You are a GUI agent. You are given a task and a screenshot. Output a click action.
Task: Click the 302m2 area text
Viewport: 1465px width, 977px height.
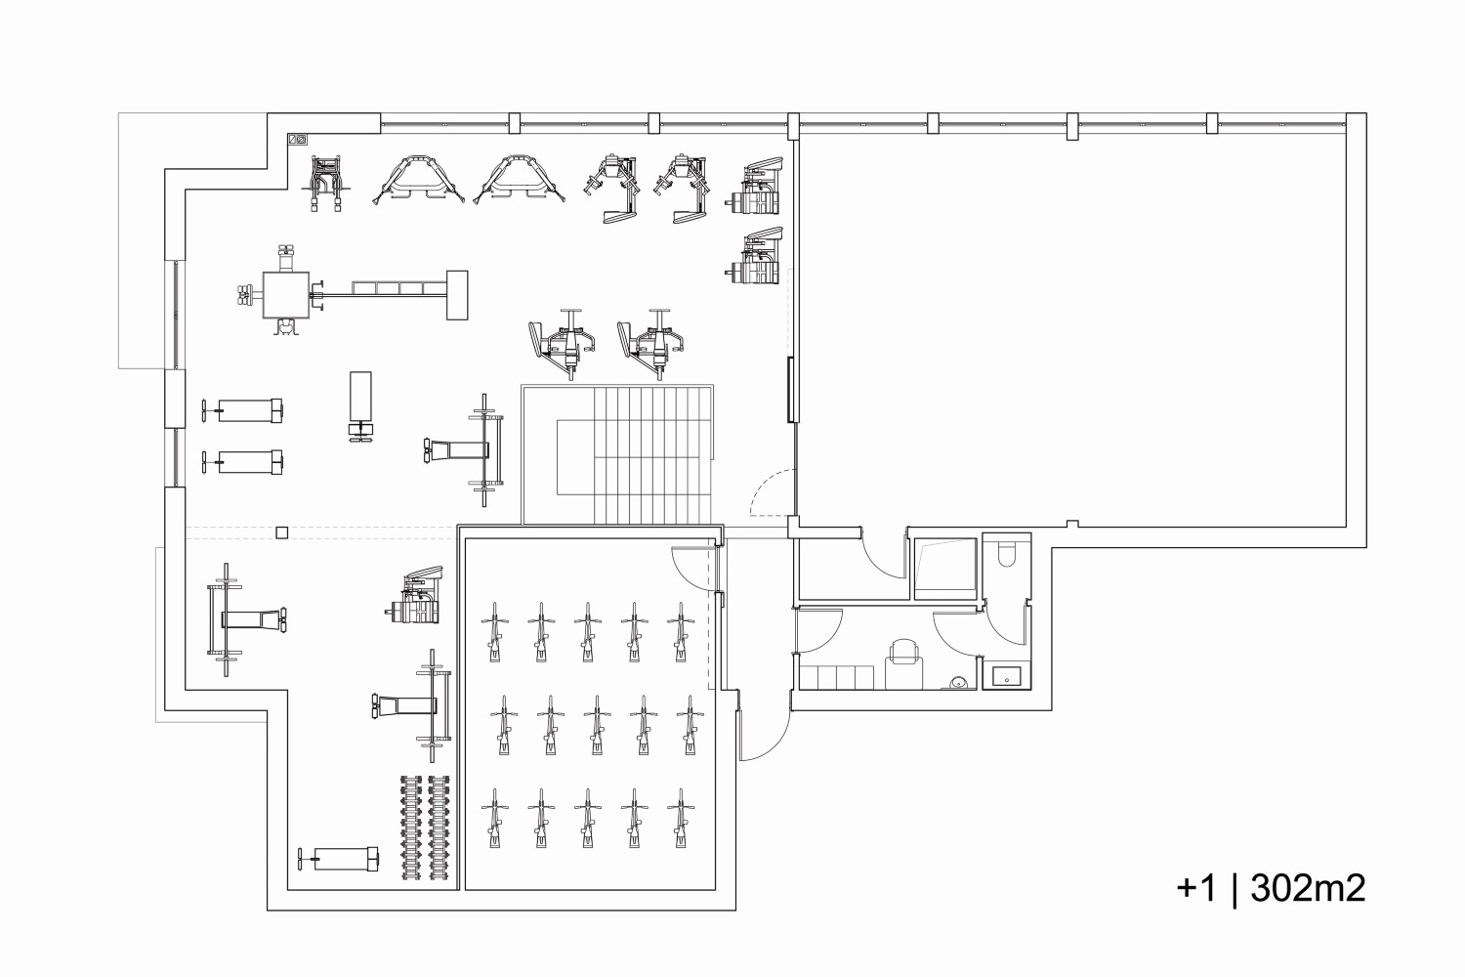[x=1309, y=889]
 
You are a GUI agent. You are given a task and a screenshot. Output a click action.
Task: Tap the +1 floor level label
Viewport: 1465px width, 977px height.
[x=1196, y=889]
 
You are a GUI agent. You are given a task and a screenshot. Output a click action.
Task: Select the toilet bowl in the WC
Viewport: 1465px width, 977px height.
[x=1008, y=554]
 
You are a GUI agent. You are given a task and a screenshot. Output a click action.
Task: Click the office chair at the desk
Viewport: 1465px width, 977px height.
[x=904, y=653]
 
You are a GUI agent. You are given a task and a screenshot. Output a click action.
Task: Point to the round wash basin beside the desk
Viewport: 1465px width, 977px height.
[x=957, y=683]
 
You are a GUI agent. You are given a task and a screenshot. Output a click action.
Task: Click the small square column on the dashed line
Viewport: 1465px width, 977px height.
[x=282, y=532]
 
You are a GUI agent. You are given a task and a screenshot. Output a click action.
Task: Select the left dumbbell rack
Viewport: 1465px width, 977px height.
[x=410, y=828]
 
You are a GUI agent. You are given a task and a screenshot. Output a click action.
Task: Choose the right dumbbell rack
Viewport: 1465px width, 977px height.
[x=439, y=828]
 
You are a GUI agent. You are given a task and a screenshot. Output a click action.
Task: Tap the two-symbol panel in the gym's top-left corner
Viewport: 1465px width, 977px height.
[x=298, y=140]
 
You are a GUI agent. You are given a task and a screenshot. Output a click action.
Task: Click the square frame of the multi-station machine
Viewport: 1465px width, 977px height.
[x=286, y=295]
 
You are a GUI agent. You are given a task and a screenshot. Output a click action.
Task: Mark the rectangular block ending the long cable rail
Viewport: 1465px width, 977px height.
[x=457, y=295]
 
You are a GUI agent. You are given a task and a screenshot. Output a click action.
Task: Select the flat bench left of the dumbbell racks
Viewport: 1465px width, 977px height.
[x=339, y=859]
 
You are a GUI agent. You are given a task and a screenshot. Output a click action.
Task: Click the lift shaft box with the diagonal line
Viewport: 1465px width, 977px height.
[x=944, y=569]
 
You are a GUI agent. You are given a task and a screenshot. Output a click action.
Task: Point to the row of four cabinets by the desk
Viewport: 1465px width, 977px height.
[x=836, y=677]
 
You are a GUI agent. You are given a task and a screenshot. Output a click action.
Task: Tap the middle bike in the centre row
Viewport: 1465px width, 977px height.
[x=596, y=725]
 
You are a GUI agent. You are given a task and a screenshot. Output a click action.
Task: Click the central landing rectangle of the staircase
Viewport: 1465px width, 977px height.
[x=575, y=457]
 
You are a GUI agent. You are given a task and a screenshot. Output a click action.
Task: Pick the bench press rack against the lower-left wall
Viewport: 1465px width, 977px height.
[x=247, y=619]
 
